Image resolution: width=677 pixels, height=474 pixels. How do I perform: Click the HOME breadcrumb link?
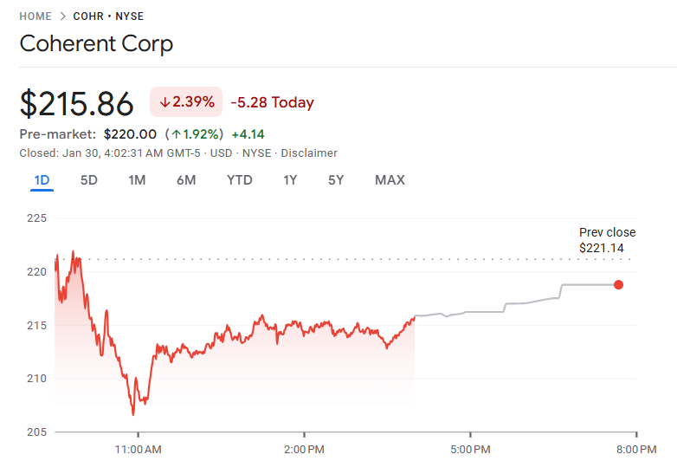35,16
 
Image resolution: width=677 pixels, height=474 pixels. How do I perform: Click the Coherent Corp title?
96,43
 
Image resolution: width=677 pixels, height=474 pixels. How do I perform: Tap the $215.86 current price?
77,103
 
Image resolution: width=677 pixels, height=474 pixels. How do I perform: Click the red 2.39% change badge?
186,102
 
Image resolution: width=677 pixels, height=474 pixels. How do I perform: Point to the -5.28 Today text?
272,102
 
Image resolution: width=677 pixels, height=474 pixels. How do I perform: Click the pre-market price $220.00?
130,134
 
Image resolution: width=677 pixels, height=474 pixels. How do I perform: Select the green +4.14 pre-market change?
248,134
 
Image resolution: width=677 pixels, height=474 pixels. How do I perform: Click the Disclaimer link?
309,153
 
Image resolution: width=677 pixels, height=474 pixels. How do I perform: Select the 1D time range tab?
42,180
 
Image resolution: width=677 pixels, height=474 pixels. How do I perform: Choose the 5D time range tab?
88,180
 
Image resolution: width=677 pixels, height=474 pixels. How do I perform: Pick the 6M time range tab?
185,180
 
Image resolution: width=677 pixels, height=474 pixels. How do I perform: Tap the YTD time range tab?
240,180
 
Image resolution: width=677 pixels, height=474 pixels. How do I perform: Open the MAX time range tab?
390,180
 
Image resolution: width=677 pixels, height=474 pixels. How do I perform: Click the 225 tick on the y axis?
35,218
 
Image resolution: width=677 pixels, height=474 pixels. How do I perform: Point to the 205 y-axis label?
35,432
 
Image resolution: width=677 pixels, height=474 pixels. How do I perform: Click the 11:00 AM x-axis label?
139,450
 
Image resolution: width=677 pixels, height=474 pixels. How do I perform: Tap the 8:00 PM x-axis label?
635,450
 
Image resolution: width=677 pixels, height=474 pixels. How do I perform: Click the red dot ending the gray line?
618,284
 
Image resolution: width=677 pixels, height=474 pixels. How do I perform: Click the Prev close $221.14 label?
607,240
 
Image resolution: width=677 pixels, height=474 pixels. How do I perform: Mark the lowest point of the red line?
133,414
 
